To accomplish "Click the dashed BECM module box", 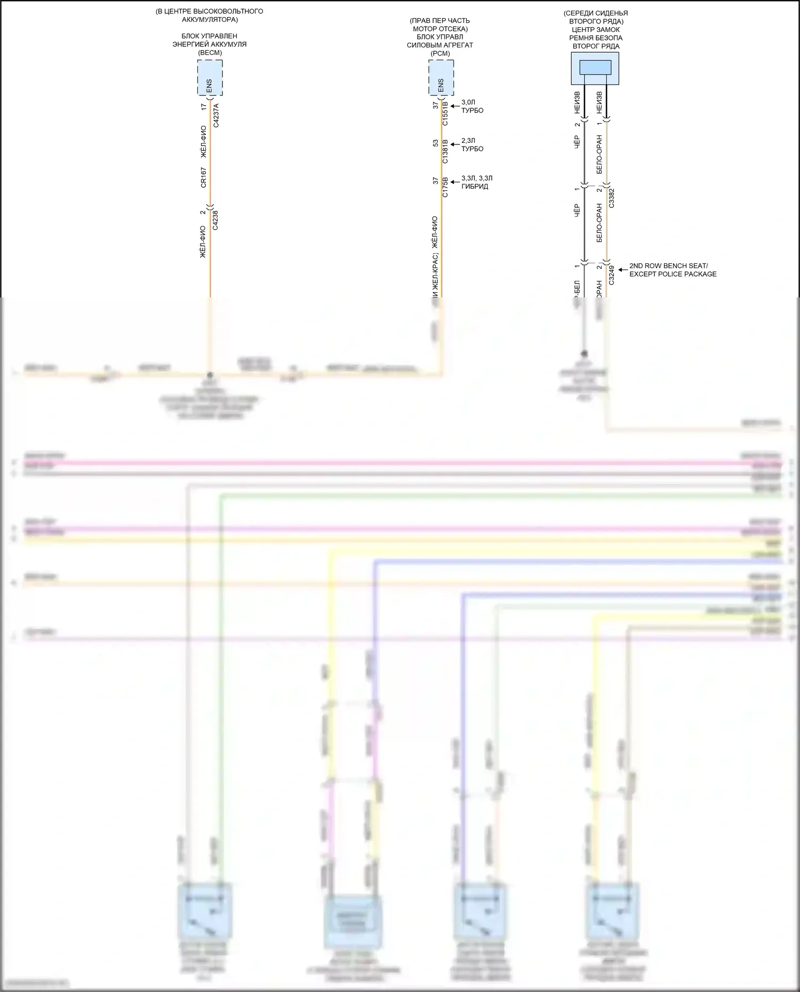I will click(x=210, y=78).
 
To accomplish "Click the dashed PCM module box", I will click(x=441, y=78).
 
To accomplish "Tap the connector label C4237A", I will click(x=216, y=115).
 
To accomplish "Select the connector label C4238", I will click(x=215, y=220).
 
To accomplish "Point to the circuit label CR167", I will click(x=204, y=178).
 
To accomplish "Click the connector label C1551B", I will click(x=445, y=114).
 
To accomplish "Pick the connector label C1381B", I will click(x=445, y=151).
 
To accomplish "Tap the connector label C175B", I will click(x=445, y=188).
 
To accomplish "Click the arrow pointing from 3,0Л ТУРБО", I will click(x=455, y=106).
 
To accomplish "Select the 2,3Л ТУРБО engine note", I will click(x=472, y=144).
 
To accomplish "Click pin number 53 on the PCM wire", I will click(x=436, y=143).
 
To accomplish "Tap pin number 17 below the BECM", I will click(x=204, y=107).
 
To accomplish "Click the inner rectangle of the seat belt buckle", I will click(x=595, y=67).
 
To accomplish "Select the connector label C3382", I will click(x=612, y=197).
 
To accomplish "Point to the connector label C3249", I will click(x=612, y=275).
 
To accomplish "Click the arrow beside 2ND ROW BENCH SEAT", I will click(x=622, y=270).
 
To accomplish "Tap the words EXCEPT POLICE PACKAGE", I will click(x=673, y=274).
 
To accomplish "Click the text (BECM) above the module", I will click(x=210, y=53).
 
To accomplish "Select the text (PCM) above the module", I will click(x=440, y=53).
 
